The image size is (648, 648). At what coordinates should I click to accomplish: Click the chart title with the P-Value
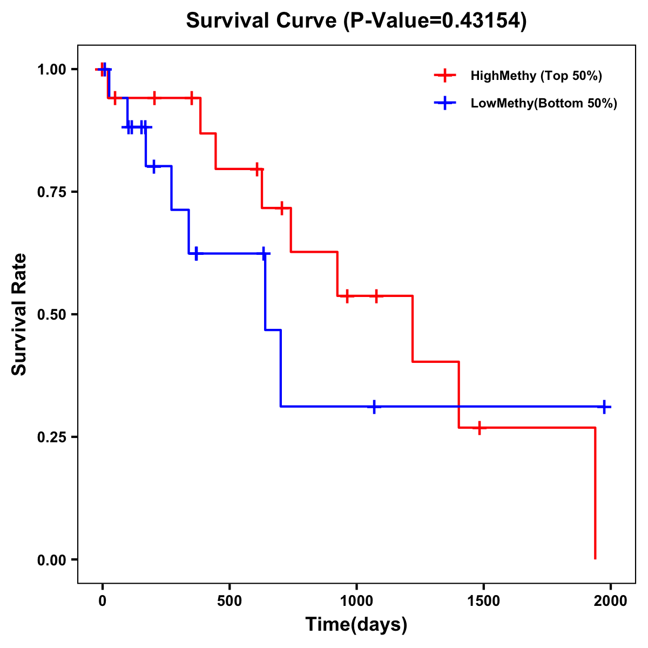356,21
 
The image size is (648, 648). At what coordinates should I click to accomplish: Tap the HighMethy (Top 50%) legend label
536,76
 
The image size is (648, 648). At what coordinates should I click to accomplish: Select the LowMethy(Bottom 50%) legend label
543,103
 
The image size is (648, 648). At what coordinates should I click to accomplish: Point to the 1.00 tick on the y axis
51,69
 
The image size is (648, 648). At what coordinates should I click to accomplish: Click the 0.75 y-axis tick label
51,192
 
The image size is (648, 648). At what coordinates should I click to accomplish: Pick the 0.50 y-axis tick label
51,314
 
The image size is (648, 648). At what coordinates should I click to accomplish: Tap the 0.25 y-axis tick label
51,437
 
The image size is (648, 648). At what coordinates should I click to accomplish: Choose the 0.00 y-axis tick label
51,559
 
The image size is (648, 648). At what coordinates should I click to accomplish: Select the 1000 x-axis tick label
356,600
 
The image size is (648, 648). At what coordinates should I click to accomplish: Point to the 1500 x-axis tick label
483,600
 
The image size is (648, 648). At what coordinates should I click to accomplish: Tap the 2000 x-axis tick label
611,600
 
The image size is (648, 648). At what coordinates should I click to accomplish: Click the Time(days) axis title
356,625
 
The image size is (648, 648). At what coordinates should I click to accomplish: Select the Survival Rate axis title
19,314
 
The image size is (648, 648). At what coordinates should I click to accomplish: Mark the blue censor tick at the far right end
604,407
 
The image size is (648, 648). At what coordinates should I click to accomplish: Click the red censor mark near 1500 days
479,428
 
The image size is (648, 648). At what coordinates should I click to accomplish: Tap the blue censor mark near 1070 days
374,407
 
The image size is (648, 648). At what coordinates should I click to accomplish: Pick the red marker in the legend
445,76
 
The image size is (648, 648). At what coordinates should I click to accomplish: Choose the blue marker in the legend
445,103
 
